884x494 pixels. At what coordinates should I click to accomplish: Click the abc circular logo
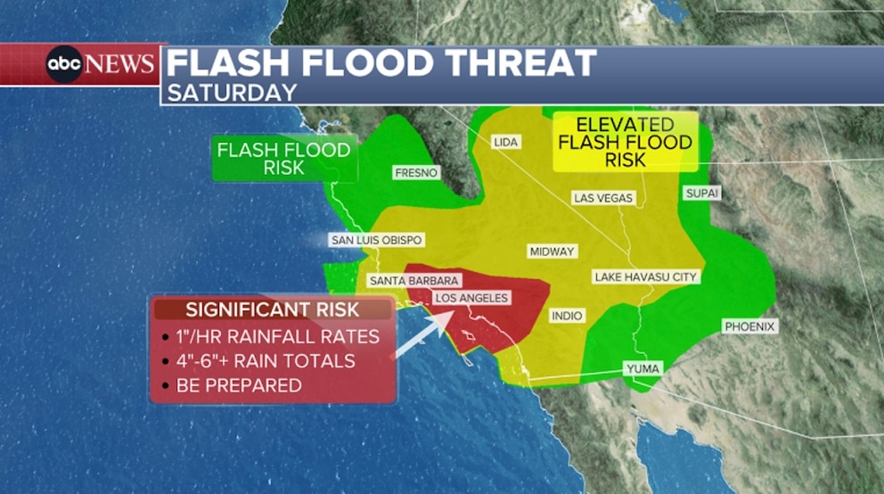tap(64, 64)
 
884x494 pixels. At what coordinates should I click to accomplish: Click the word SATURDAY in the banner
tap(232, 92)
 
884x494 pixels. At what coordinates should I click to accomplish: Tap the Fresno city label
tap(417, 172)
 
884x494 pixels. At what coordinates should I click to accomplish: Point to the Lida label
tap(506, 142)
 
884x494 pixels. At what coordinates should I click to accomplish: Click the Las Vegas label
tap(603, 198)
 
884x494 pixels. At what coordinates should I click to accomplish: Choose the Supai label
tap(701, 193)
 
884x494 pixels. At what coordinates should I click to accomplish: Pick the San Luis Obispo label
tap(376, 240)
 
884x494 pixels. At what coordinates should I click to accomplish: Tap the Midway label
tap(552, 251)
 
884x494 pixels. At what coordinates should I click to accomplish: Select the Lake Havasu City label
tap(645, 277)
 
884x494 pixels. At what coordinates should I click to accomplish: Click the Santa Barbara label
tap(413, 281)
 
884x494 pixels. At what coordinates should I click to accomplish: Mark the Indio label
tap(567, 316)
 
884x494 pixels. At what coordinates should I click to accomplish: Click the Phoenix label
tap(749, 326)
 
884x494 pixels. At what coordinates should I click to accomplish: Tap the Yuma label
tap(642, 368)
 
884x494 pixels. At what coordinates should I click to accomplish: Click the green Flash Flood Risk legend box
tap(283, 158)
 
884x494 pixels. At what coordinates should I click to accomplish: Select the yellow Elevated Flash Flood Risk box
tap(625, 142)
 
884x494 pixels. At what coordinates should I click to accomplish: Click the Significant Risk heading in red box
tap(273, 309)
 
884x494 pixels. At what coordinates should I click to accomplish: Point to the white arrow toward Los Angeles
tap(423, 335)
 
